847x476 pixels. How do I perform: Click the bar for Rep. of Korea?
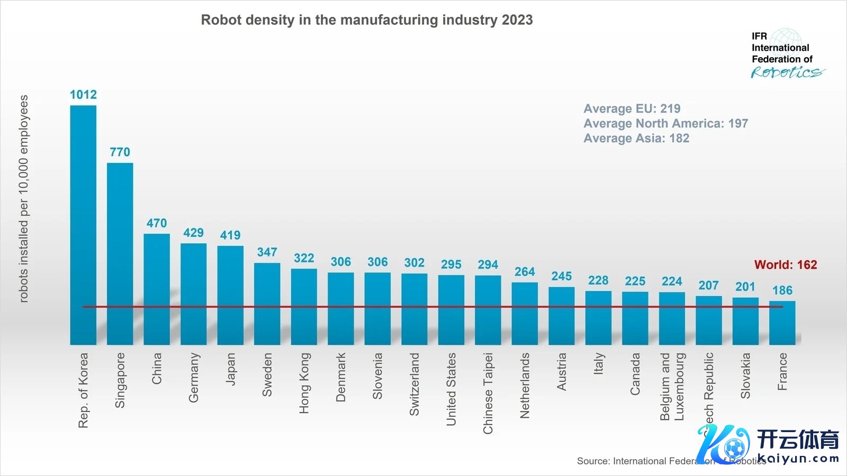tap(83, 225)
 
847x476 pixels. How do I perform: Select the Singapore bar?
tap(120, 254)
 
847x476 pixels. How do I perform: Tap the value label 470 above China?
tap(157, 223)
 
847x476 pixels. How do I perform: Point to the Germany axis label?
tap(194, 378)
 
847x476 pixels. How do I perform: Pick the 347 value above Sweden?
tap(267, 252)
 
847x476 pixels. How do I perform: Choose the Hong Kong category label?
tap(304, 383)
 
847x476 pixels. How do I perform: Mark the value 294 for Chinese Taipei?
tap(488, 264)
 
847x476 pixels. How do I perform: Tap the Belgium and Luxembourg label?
tap(672, 387)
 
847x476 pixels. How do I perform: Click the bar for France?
tap(782, 323)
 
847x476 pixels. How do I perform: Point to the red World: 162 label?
tap(786, 264)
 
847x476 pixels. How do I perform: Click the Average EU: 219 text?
tap(632, 108)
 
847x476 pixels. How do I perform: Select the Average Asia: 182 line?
tap(636, 138)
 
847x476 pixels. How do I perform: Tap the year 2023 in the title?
tap(517, 20)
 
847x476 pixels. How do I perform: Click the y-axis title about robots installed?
tap(23, 198)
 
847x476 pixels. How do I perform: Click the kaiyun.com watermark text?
tap(798, 459)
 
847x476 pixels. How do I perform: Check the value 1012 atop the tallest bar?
tap(83, 95)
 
